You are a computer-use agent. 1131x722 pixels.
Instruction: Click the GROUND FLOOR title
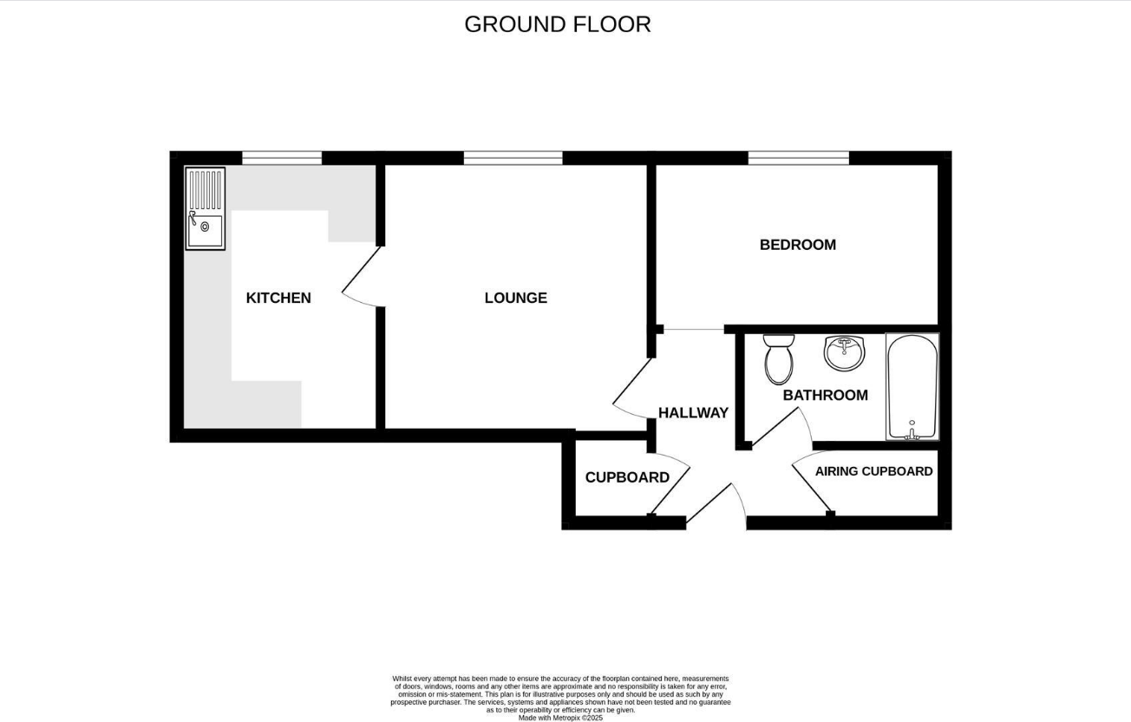(557, 24)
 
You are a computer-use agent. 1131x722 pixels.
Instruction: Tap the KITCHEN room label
(278, 298)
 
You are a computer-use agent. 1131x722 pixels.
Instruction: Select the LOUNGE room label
(515, 298)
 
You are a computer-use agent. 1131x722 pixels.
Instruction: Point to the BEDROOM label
(797, 245)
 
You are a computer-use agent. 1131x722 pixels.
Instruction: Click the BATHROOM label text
(825, 395)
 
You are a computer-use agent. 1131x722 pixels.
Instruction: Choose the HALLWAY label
(693, 413)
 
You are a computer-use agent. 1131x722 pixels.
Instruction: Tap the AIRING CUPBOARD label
(873, 471)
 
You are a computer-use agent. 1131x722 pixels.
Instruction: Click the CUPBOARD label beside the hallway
(627, 477)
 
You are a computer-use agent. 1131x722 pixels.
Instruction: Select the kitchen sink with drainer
(205, 209)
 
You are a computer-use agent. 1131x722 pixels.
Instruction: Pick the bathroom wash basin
(843, 352)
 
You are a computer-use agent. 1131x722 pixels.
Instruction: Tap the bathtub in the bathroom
(912, 386)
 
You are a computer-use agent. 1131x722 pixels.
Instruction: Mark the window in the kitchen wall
(281, 158)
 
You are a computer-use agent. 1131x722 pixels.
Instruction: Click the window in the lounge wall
(513, 158)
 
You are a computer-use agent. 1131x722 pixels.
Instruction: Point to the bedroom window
(798, 158)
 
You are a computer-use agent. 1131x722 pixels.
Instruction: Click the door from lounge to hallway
(632, 388)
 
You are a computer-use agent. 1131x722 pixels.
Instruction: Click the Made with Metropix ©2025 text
(560, 718)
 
